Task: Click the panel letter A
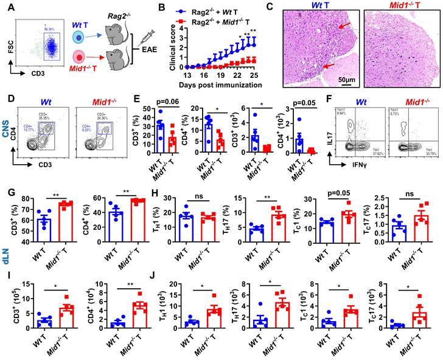pyautogui.click(x=7, y=7)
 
